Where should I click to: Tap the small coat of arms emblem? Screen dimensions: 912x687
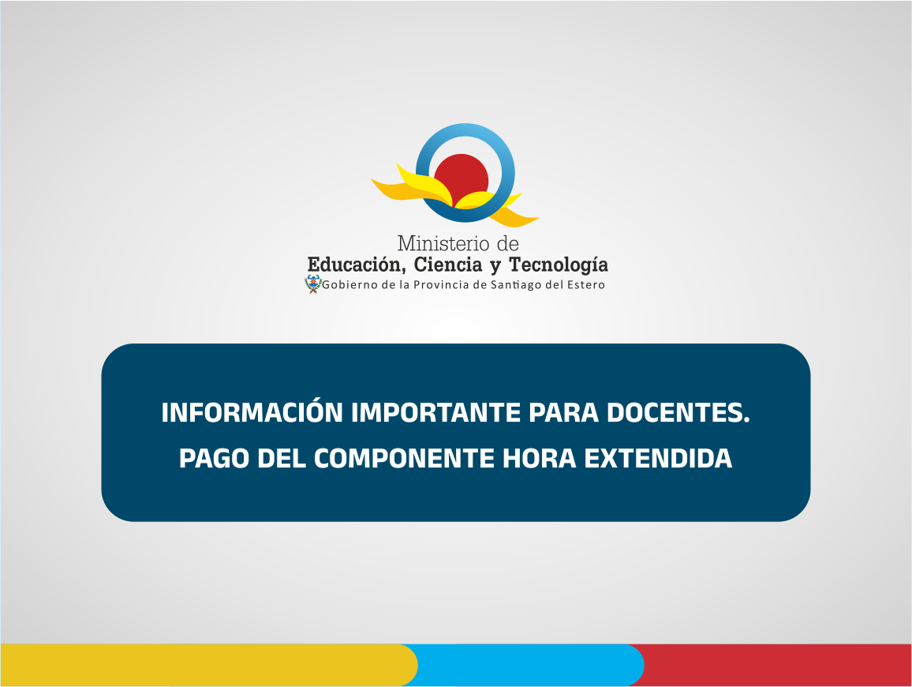tap(313, 284)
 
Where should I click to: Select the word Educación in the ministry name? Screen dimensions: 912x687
tap(354, 265)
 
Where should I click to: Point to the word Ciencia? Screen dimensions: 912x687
tap(448, 265)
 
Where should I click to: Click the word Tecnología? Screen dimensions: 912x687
tap(559, 265)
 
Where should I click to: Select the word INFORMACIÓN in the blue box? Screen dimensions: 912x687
tap(252, 411)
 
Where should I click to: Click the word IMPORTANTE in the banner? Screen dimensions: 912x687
tap(435, 413)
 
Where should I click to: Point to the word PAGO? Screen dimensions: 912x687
tap(214, 458)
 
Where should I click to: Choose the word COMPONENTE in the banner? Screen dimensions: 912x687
tap(404, 458)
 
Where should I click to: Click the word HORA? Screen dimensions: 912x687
tap(539, 458)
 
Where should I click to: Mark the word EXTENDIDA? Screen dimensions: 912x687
tap(659, 458)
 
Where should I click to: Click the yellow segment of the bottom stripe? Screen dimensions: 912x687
tap(209, 665)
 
